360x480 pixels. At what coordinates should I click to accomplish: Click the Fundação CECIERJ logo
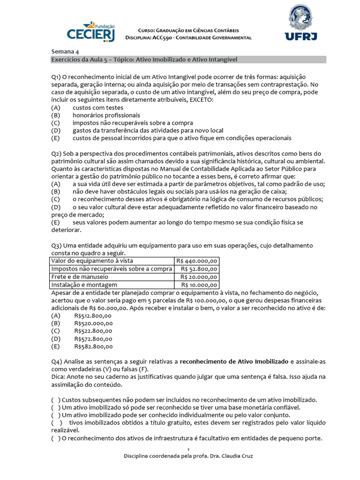pos(92,31)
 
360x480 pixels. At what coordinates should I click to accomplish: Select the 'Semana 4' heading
pos(66,52)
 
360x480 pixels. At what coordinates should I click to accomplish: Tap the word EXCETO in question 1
pos(201,99)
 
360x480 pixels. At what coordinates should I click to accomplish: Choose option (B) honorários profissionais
pos(106,115)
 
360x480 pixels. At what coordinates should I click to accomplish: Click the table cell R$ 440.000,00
pos(197,261)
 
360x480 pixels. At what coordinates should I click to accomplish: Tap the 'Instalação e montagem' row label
pos(84,285)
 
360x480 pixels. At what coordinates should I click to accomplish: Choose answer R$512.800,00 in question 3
pos(93,315)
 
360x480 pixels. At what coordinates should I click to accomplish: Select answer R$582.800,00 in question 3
pos(93,346)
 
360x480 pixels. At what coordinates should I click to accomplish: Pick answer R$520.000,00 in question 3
pos(93,323)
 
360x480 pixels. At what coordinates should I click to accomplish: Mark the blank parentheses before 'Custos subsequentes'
pos(56,400)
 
